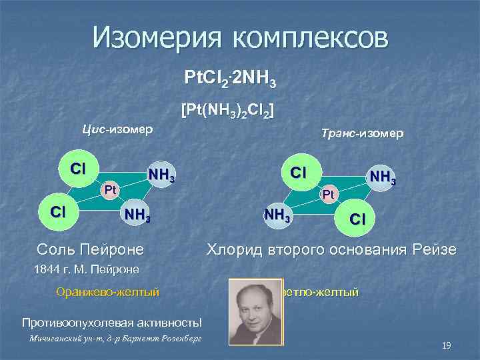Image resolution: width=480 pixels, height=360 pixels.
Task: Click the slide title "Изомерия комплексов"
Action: point(240,38)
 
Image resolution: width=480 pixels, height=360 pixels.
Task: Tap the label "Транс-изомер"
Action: point(361,134)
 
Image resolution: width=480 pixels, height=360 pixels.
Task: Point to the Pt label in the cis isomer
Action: point(110,189)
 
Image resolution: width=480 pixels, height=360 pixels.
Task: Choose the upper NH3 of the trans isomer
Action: point(383,178)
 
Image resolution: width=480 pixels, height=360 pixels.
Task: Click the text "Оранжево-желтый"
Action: point(109,291)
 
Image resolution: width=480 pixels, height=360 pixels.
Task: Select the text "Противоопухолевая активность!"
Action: point(111,323)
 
